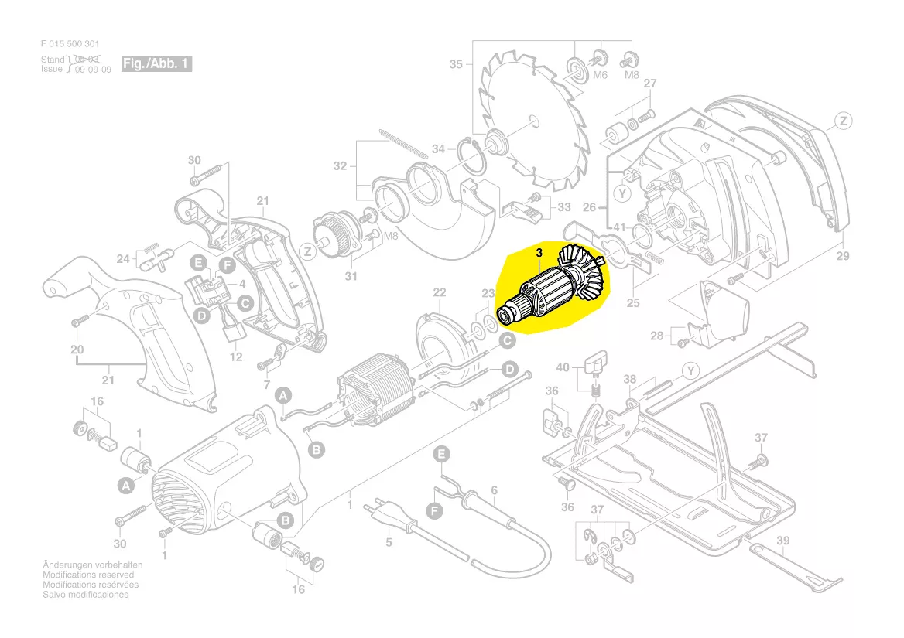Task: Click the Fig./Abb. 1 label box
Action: [x=156, y=63]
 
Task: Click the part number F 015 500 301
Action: [x=70, y=44]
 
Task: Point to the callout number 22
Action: [x=440, y=292]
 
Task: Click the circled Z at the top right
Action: [x=843, y=121]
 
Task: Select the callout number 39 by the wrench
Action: [x=782, y=541]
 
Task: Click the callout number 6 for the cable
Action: [x=494, y=490]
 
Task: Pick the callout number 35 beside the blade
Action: [x=455, y=64]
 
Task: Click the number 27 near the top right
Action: [x=650, y=84]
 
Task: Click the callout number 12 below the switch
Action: [x=237, y=357]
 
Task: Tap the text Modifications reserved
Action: [x=88, y=575]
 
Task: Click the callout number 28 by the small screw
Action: [x=657, y=336]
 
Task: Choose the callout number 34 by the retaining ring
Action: [x=438, y=148]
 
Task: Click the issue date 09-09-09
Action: [x=94, y=69]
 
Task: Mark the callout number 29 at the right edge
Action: [x=842, y=254]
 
